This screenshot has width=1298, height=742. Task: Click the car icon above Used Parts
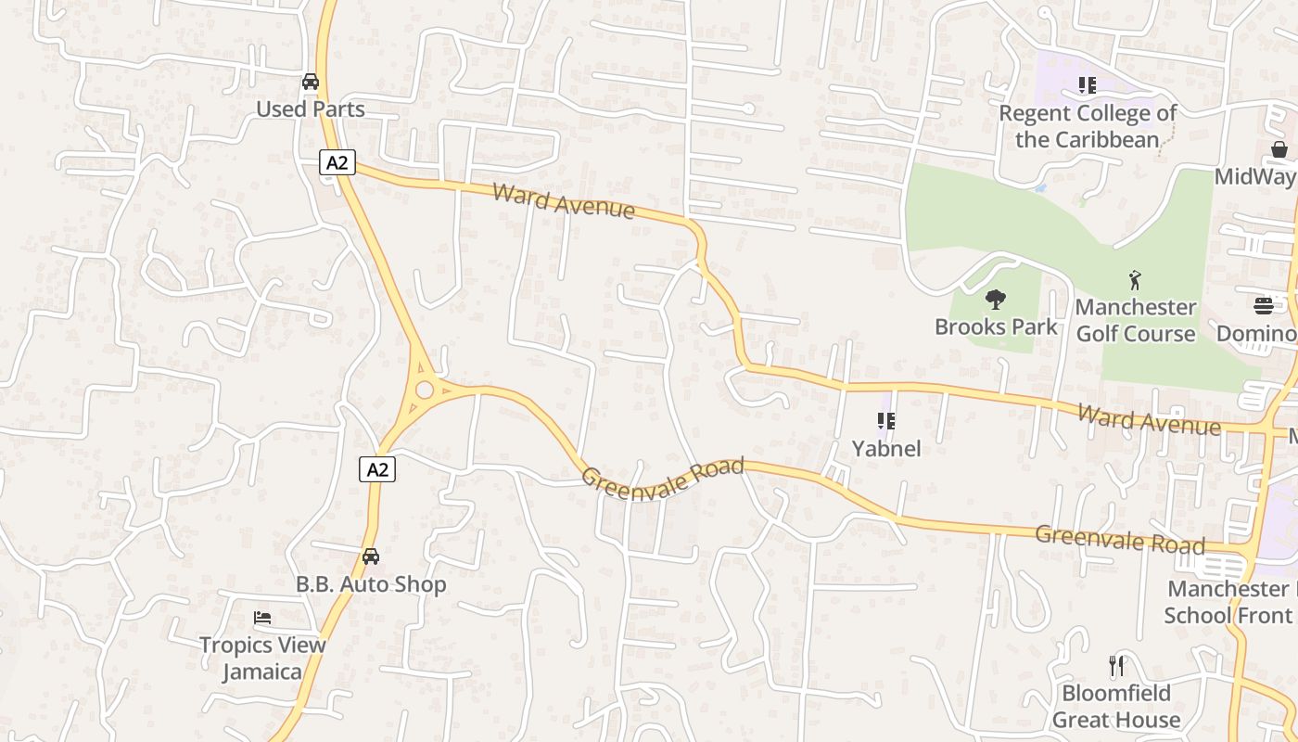[311, 82]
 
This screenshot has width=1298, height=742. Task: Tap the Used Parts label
[311, 109]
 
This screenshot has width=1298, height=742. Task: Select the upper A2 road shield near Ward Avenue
[337, 162]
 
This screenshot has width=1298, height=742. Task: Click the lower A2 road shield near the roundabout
[377, 469]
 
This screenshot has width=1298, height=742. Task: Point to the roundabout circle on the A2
[426, 390]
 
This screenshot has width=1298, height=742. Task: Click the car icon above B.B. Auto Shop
[371, 556]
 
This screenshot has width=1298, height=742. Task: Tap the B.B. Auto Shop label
[371, 584]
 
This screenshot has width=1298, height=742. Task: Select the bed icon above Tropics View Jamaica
[262, 618]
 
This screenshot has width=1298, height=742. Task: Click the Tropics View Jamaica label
[262, 658]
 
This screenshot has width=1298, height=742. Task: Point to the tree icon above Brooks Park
[996, 299]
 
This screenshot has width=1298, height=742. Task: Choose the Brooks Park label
[996, 326]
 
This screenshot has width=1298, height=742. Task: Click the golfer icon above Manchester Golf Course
[1135, 279]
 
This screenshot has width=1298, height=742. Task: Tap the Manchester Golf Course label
[1136, 320]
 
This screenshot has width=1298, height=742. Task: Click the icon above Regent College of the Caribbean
[1087, 85]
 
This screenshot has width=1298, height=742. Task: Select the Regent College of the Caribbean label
[1088, 126]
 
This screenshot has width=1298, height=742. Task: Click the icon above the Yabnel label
[886, 421]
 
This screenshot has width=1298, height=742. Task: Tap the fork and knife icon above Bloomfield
[1116, 665]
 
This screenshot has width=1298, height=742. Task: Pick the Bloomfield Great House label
[1116, 706]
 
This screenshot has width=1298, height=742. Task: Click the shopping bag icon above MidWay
[1279, 149]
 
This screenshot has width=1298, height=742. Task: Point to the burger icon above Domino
[1264, 305]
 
